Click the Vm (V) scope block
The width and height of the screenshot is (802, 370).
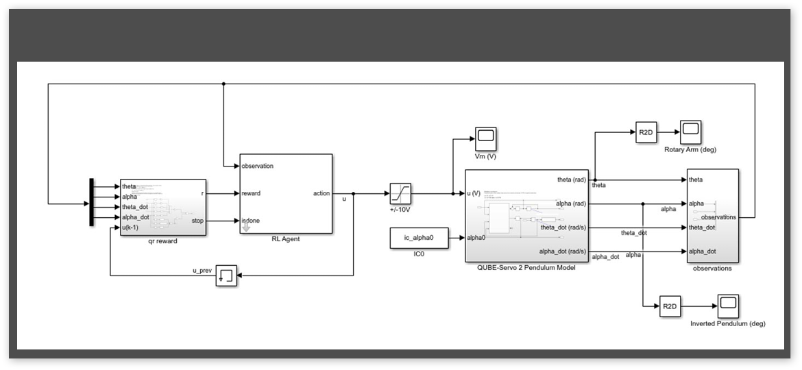(485, 138)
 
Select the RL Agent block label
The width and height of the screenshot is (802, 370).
(286, 239)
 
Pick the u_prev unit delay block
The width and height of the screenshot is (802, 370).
(226, 275)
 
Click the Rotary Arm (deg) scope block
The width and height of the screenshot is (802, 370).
(690, 131)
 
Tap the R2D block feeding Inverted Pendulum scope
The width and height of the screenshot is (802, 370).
(669, 306)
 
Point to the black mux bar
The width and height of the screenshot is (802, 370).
(91, 203)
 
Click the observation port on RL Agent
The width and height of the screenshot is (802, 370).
(257, 166)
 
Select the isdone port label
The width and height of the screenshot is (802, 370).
(252, 221)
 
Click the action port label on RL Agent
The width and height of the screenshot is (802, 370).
(321, 193)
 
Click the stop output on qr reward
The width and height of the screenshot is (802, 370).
(197, 221)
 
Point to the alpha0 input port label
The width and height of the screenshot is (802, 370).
(477, 238)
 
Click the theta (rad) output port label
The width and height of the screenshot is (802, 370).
(568, 180)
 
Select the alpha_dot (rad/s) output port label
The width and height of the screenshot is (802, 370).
(563, 251)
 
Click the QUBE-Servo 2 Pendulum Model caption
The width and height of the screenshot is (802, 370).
(526, 268)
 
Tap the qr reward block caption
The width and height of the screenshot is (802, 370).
(162, 241)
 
